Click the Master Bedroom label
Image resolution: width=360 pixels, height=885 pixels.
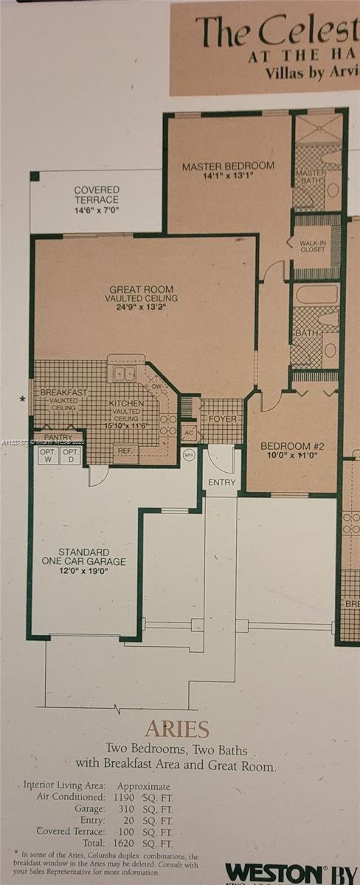[x=228, y=167]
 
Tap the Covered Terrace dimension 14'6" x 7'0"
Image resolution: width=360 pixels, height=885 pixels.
[x=96, y=209]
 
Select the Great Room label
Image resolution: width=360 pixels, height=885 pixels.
[x=142, y=290]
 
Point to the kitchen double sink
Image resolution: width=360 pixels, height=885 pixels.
[x=125, y=373]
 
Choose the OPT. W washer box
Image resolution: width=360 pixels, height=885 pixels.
[x=48, y=456]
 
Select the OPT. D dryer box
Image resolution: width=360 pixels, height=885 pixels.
[x=71, y=456]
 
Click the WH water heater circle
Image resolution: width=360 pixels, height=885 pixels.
[x=188, y=455]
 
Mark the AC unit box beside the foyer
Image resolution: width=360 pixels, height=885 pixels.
[x=189, y=432]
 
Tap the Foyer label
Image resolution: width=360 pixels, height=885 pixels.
[x=222, y=418]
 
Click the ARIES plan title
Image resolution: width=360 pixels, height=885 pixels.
[x=177, y=729]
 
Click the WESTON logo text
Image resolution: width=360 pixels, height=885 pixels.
[x=273, y=873]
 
